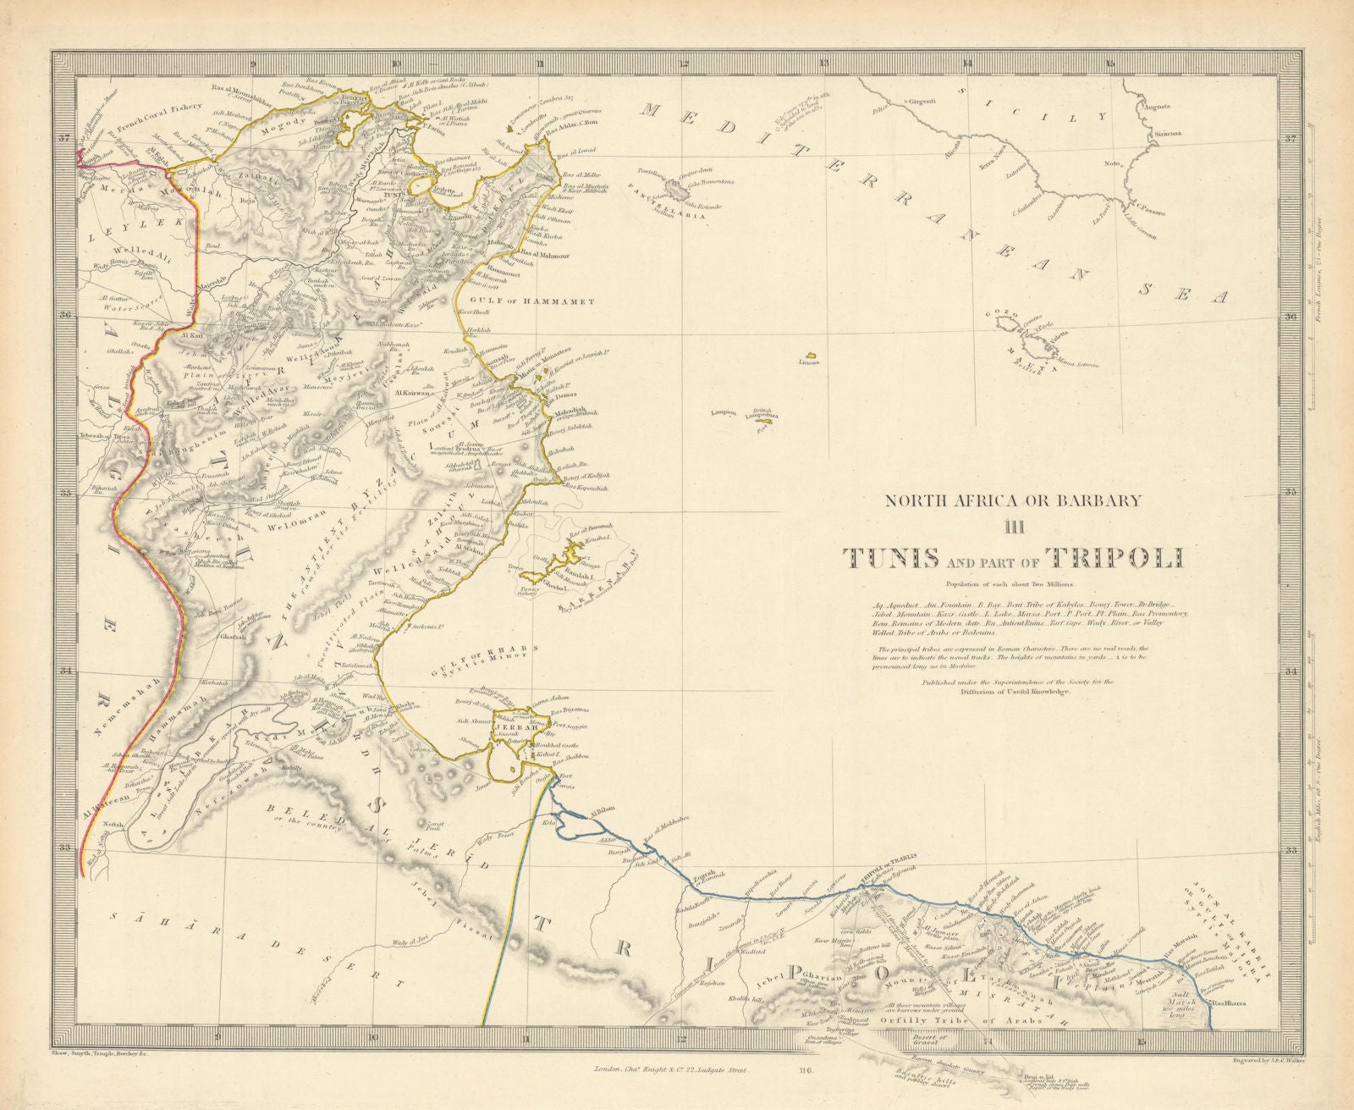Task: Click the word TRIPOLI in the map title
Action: (1115, 558)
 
